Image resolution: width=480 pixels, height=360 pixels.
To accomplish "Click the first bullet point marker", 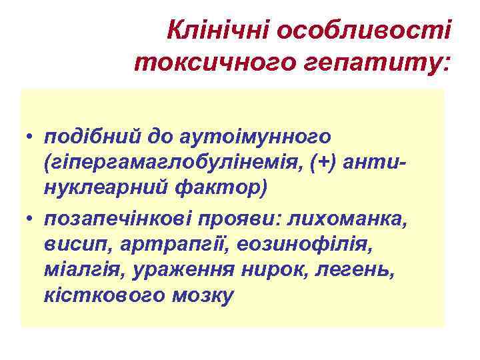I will (31, 137).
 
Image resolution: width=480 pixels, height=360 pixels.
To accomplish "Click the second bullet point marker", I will (31, 217).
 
